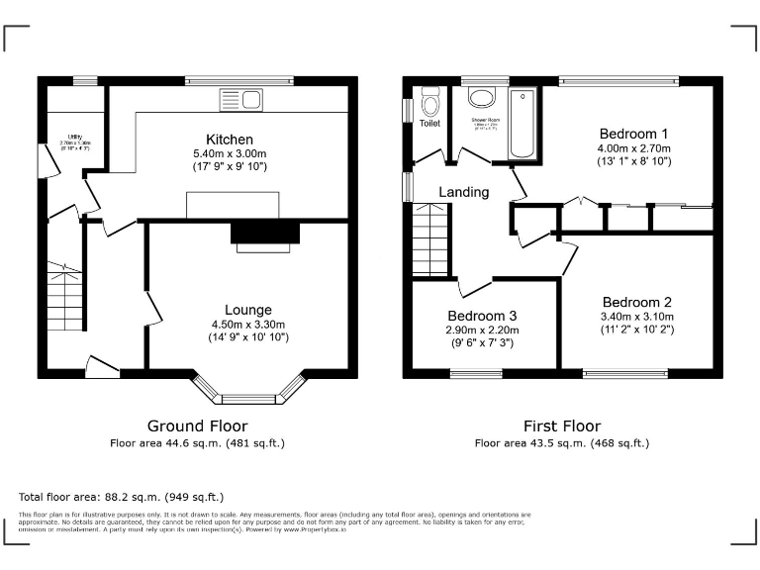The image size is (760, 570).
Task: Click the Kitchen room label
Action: pyautogui.click(x=230, y=140)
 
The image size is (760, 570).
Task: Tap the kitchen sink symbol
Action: pyautogui.click(x=241, y=99)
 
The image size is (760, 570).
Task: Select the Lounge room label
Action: pyautogui.click(x=247, y=310)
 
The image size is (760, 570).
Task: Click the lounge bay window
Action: pyautogui.click(x=248, y=392)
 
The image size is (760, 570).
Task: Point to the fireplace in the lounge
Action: pyautogui.click(x=264, y=234)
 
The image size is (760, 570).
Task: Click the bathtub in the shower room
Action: pyautogui.click(x=522, y=123)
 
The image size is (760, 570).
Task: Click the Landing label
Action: pyautogui.click(x=464, y=192)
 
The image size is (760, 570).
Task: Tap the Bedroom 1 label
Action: pyautogui.click(x=634, y=134)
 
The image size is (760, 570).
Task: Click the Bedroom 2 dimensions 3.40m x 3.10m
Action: pyautogui.click(x=636, y=317)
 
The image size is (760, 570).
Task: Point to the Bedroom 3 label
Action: pyautogui.click(x=482, y=316)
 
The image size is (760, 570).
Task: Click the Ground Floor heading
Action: pyautogui.click(x=197, y=427)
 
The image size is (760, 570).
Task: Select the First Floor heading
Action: pyautogui.click(x=562, y=427)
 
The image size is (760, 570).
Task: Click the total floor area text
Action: pyautogui.click(x=122, y=497)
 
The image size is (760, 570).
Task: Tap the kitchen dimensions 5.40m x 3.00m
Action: pyautogui.click(x=230, y=154)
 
